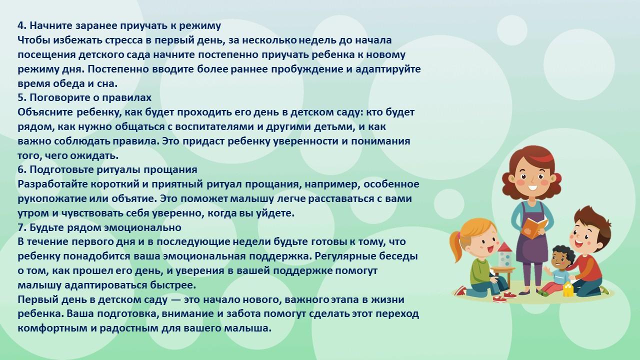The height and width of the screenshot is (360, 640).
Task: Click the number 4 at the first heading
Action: click(21, 25)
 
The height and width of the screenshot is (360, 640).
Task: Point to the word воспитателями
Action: click(214, 126)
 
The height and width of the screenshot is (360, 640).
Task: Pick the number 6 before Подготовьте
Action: click(21, 169)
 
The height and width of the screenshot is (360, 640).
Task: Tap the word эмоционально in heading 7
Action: click(142, 227)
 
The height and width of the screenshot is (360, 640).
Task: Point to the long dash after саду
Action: click(175, 300)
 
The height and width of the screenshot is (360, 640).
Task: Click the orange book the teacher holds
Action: click(534, 228)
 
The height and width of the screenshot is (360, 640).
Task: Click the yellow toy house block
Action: click(567, 289)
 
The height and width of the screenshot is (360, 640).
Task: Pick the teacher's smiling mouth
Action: click(532, 187)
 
